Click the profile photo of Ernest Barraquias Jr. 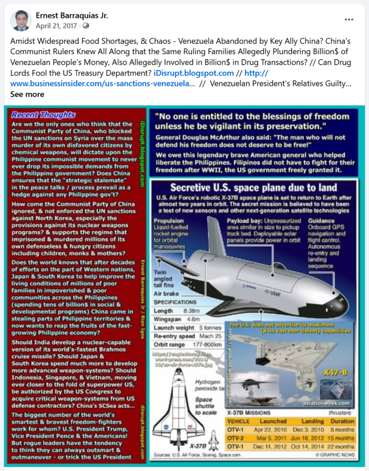(x=21, y=21)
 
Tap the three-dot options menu (x=349, y=19)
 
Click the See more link (x=27, y=94)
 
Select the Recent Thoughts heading (x=43, y=115)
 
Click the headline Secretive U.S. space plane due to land (x=253, y=188)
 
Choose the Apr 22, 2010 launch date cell (x=273, y=430)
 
